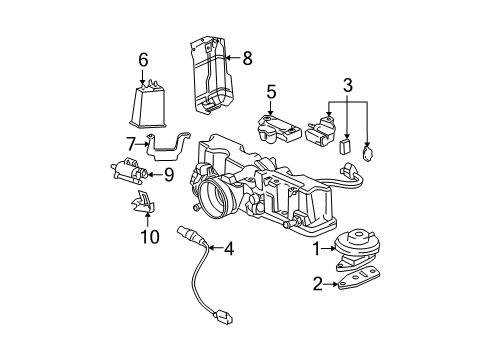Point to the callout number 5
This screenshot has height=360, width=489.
[270, 92]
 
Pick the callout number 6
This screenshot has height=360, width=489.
[143, 60]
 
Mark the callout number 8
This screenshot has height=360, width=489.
[247, 58]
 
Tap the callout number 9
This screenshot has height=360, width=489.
[168, 176]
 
